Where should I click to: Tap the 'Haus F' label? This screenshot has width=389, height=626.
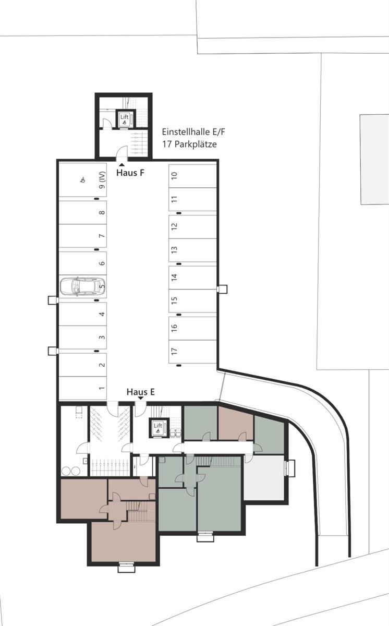point(130,173)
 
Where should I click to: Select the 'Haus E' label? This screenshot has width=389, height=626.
point(141,391)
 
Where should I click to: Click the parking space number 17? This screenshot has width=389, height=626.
point(174,352)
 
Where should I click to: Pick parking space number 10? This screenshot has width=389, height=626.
point(174,176)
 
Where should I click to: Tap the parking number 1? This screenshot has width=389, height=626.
point(102,388)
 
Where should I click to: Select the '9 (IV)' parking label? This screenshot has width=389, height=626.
point(102,180)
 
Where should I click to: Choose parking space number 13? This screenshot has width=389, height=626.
point(174,250)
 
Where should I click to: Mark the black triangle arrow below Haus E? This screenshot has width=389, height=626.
point(141,399)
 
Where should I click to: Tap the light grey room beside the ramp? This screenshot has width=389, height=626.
point(265,479)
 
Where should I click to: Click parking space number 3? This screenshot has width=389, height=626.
point(102,337)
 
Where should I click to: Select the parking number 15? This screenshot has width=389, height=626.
point(174,300)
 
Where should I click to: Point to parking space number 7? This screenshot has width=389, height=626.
point(102,236)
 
